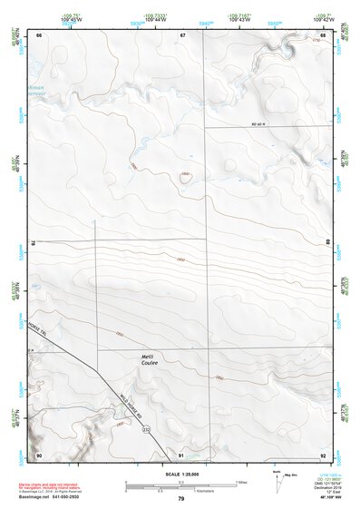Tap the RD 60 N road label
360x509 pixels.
click(262, 124)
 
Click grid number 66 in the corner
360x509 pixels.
click(40, 34)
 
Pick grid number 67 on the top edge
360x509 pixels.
click(182, 34)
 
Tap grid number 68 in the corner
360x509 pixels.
click(323, 34)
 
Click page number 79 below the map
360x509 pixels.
click(180, 499)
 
